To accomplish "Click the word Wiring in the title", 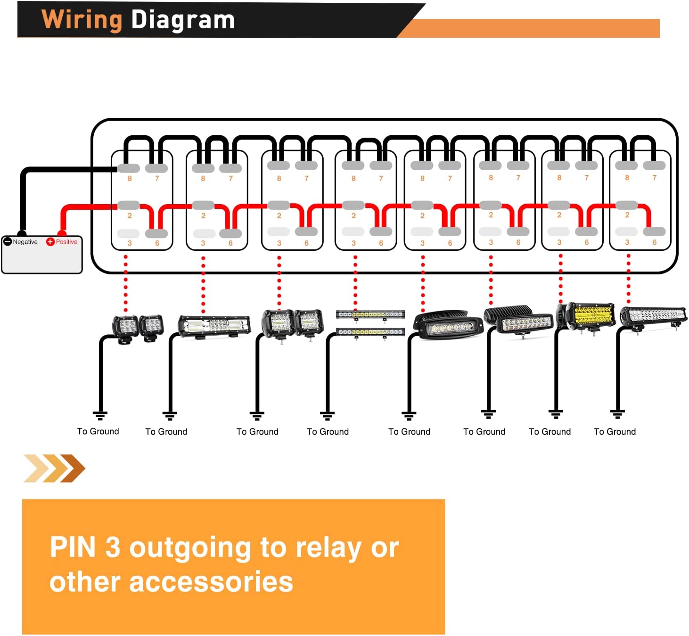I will (82, 20).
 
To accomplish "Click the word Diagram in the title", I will (183, 20).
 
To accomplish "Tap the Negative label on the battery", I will (25, 242).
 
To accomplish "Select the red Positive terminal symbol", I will (50, 242).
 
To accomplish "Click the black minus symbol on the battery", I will (8, 242).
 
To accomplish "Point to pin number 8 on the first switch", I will (130, 179).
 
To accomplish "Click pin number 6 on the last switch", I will (654, 242).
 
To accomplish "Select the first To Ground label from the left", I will (98, 431).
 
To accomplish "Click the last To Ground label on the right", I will (615, 431).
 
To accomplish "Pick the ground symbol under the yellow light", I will (556, 414).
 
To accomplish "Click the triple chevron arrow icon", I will (54, 468).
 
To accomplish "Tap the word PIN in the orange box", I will (73, 547).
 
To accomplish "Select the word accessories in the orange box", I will (211, 582).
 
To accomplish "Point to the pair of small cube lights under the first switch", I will (138, 326).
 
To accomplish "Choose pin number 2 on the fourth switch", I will (353, 215).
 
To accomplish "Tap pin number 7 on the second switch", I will (230, 179).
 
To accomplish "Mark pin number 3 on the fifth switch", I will (422, 243).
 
